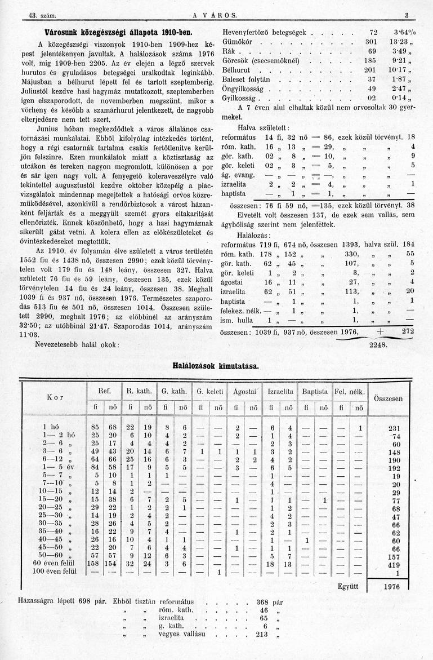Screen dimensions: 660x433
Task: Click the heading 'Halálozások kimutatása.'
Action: pyautogui.click(x=216, y=366)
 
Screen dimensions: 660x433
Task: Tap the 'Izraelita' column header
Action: pyautogui.click(x=280, y=391)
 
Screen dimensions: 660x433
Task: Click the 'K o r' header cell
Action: pyautogui.click(x=55, y=398)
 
